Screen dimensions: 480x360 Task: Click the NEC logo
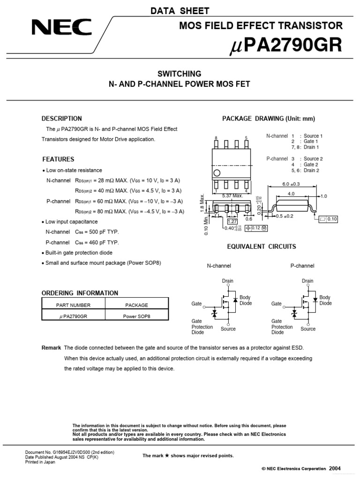coord(61,28)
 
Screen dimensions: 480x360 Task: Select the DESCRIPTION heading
coord(61,119)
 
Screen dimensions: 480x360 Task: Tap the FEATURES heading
coord(58,159)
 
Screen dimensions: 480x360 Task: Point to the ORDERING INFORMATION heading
coord(80,293)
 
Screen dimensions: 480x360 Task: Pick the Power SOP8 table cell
coord(137,316)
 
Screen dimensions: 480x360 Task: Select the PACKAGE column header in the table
coord(137,305)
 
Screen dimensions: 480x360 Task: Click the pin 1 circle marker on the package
coord(217,173)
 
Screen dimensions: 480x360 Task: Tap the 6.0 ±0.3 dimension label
coord(291,184)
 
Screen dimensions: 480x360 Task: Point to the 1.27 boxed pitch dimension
coord(232,221)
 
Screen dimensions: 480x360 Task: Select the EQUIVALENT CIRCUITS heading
coord(262,247)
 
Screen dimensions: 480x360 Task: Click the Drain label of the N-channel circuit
coord(228,281)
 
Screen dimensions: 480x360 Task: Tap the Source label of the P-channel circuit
coord(308,329)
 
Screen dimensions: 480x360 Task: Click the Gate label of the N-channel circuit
coord(196,304)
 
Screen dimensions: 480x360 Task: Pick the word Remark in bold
coord(51,348)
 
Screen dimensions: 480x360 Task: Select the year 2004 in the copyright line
coord(335,468)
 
